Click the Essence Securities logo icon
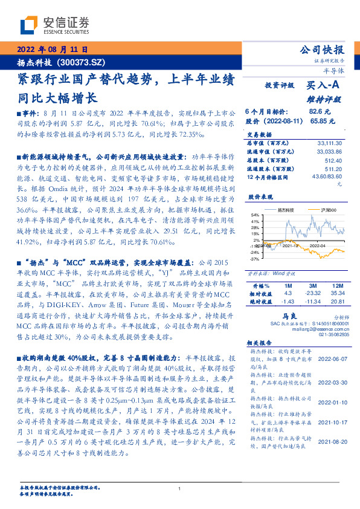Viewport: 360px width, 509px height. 27,26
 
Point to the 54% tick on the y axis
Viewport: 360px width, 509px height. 256,214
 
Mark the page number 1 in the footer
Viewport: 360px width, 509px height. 179,488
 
